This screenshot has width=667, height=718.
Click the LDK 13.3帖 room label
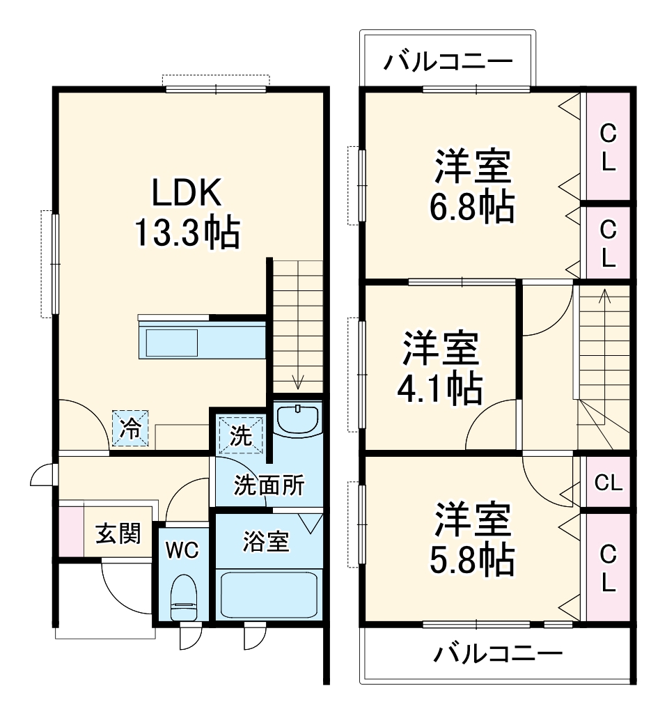(186, 212)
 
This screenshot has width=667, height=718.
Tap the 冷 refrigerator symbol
(131, 428)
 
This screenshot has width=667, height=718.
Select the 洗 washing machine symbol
(241, 436)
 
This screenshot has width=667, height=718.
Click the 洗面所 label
(268, 485)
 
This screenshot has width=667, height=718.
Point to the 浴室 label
(266, 542)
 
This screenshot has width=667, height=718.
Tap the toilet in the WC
(185, 598)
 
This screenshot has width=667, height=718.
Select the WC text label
(182, 549)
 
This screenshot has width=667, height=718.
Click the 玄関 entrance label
(118, 534)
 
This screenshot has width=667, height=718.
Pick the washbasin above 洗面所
(297, 419)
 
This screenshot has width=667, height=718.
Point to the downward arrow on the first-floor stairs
(299, 381)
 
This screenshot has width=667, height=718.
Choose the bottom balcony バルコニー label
(499, 654)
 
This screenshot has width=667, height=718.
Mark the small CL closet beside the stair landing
(608, 482)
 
